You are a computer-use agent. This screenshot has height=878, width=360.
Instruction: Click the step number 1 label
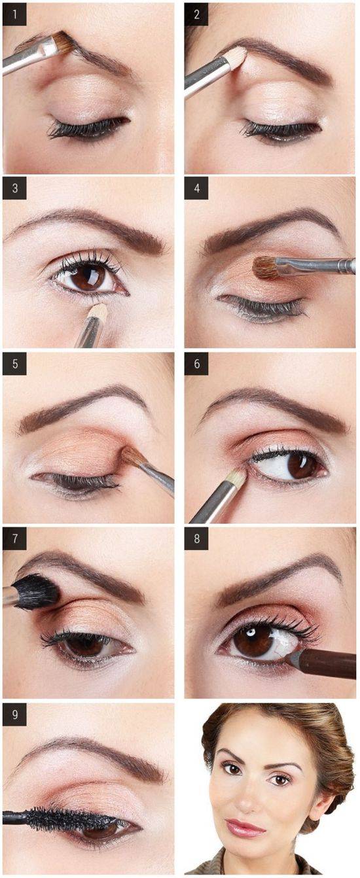pyautogui.click(x=14, y=14)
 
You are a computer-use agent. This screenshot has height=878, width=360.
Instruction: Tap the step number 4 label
pyautogui.click(x=196, y=188)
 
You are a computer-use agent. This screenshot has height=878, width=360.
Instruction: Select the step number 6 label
pyautogui.click(x=196, y=364)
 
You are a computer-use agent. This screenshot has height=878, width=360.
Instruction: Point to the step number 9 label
pyautogui.click(x=14, y=714)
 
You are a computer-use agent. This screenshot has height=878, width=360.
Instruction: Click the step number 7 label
pyautogui.click(x=14, y=538)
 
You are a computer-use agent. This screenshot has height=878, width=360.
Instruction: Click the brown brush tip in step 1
pyautogui.click(x=64, y=43)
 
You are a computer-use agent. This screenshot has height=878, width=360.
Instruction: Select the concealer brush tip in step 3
pyautogui.click(x=98, y=311)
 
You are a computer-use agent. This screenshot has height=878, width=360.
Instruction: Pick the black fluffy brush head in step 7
pyautogui.click(x=36, y=591)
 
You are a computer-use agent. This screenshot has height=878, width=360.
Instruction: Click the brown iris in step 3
pyautogui.click(x=88, y=277)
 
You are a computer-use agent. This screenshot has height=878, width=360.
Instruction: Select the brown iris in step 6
pyautogui.click(x=302, y=465)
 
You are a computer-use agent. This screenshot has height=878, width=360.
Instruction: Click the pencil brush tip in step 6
pyautogui.click(x=238, y=478)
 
